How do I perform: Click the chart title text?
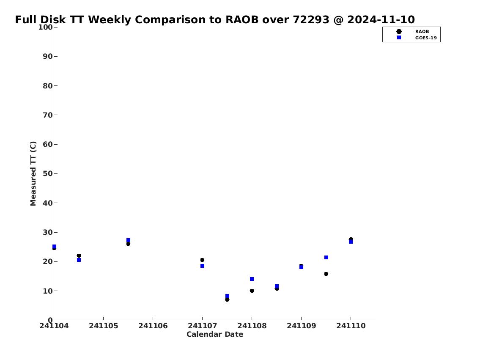(215, 19)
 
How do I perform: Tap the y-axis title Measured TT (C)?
(33, 173)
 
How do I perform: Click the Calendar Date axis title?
(215, 334)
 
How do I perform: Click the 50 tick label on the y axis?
(48, 173)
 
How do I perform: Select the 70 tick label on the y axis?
(48, 115)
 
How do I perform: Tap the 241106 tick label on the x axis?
(153, 326)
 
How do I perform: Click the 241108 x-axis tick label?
(252, 326)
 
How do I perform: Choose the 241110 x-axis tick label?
(351, 326)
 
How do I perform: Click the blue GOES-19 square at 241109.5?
(326, 258)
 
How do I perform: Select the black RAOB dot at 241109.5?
(326, 274)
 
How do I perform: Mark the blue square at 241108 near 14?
(252, 279)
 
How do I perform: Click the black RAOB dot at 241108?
(252, 291)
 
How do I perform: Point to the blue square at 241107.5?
(227, 296)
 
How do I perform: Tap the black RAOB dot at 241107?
(202, 260)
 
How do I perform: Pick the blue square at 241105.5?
(128, 240)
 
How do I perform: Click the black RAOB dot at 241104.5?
(79, 256)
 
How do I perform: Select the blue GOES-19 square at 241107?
(202, 266)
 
